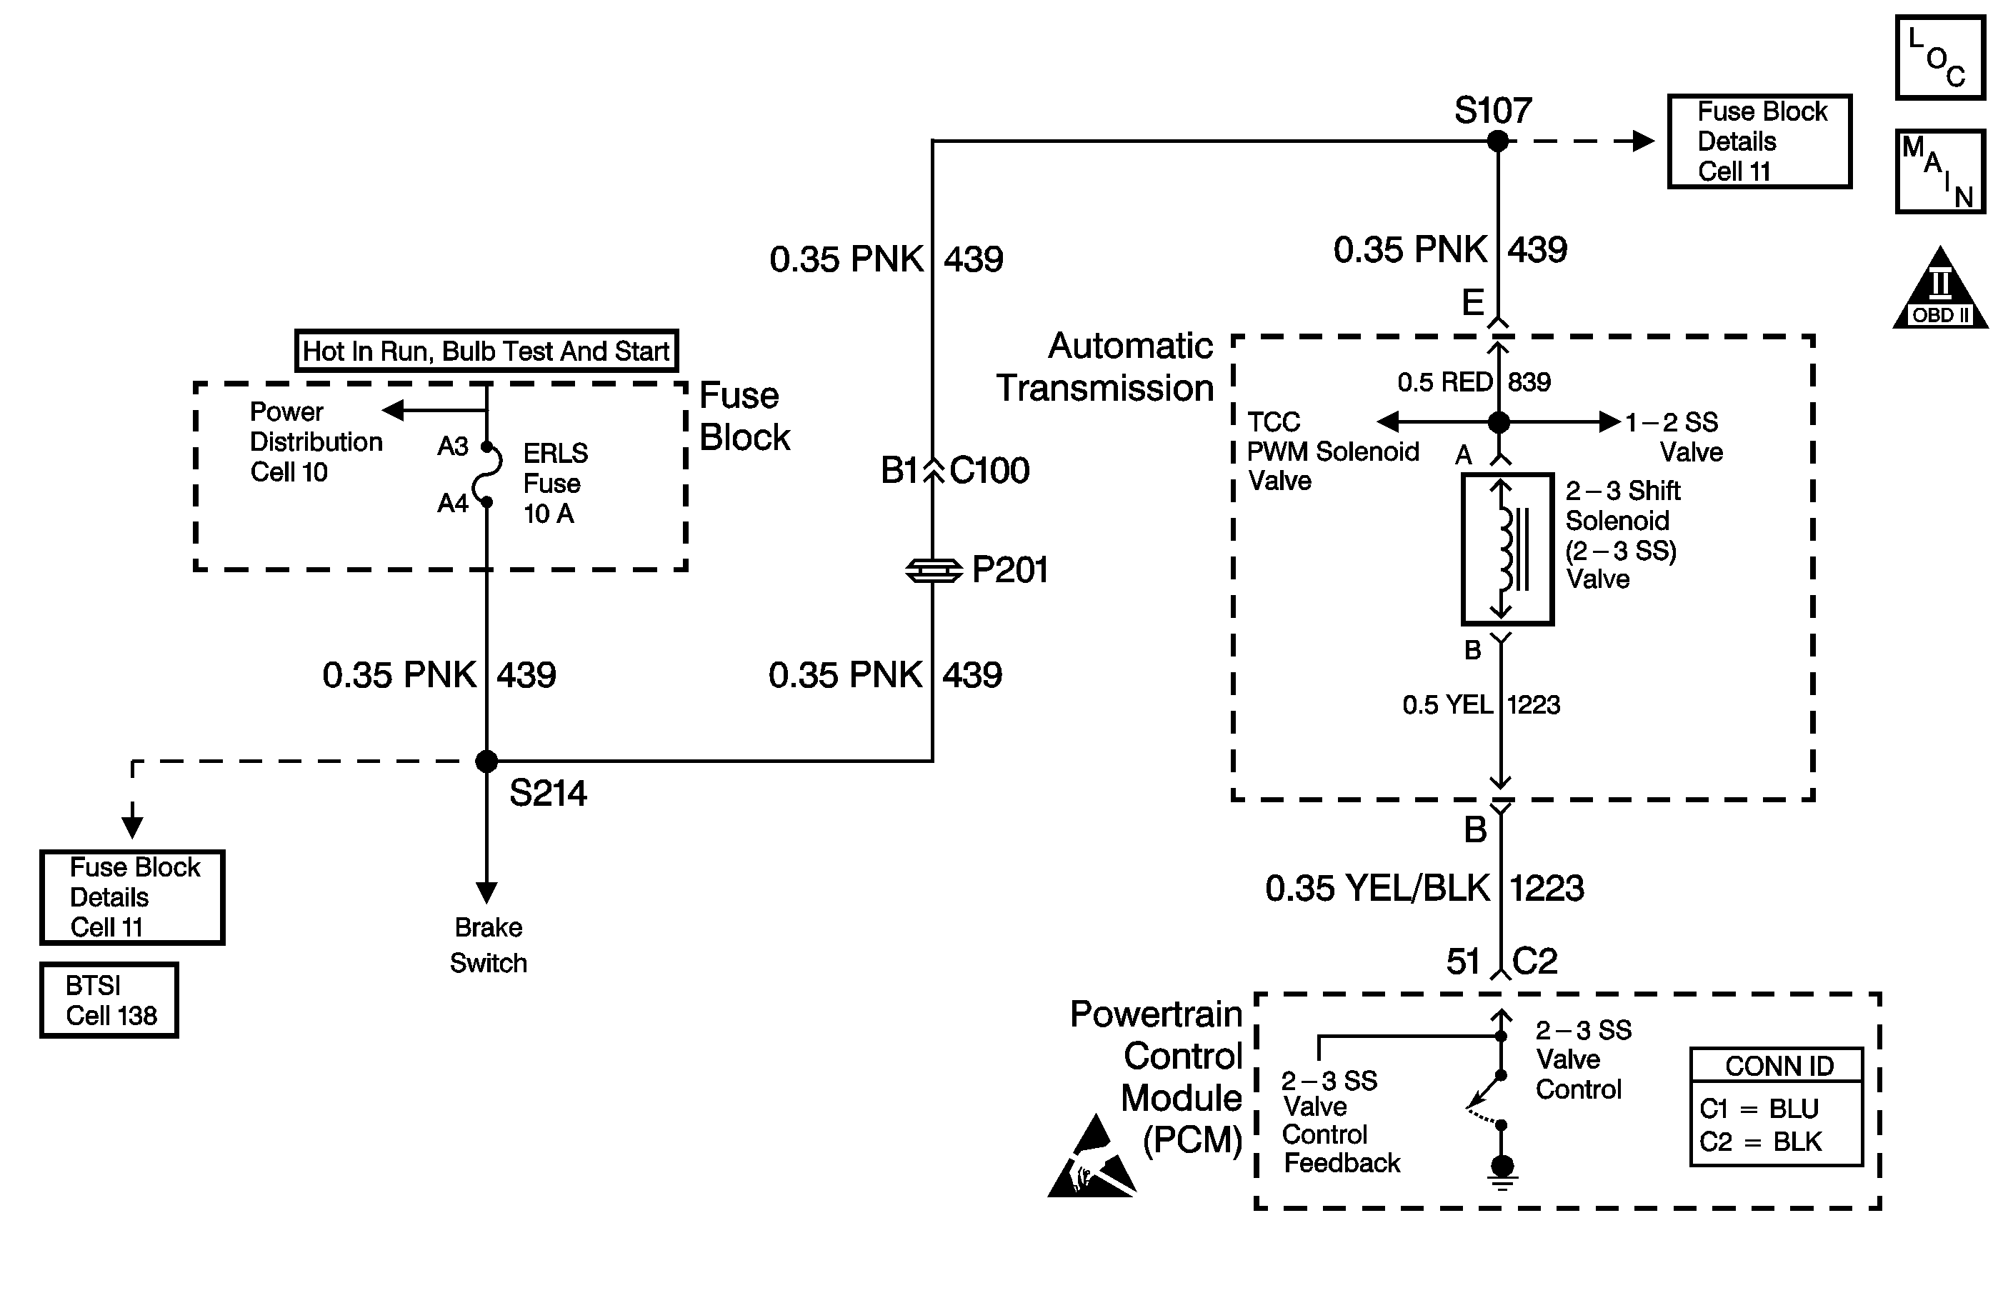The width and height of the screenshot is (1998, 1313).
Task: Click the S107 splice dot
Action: click(x=1498, y=141)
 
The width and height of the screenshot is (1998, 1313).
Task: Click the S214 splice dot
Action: click(x=487, y=762)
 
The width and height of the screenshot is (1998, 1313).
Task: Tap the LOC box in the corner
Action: click(x=1940, y=58)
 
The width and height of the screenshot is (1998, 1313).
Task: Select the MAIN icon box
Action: click(x=1940, y=171)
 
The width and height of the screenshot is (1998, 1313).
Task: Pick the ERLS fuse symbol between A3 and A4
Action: click(x=488, y=474)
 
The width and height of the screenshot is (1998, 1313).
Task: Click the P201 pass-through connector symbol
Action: click(x=934, y=571)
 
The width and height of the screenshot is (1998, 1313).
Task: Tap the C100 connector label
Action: click(x=989, y=470)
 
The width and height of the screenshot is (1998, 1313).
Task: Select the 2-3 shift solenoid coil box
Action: click(x=1508, y=550)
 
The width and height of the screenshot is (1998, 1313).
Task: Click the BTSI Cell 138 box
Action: click(x=109, y=1000)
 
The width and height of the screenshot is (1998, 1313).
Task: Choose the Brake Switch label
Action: click(x=488, y=944)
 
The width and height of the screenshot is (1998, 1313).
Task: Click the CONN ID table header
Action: click(x=1778, y=1066)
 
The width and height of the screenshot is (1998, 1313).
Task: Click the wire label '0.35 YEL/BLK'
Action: click(x=1377, y=888)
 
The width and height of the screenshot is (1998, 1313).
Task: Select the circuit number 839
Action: click(x=1529, y=382)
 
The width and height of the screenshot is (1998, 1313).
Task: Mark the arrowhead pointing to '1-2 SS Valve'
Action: click(x=1610, y=421)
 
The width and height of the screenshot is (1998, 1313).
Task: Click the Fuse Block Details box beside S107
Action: click(x=1759, y=141)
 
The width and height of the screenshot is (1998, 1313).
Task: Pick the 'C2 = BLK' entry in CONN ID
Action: click(x=1760, y=1142)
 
